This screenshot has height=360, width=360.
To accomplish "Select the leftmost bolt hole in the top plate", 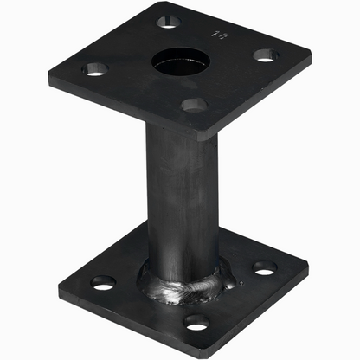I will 93,68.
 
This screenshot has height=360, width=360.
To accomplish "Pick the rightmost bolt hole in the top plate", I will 265,55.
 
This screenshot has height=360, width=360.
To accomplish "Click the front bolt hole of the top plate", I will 194,105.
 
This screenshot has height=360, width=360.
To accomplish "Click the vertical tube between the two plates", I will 182,199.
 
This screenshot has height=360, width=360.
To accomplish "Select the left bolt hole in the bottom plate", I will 104,282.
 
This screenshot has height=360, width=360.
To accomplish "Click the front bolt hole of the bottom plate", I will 196,323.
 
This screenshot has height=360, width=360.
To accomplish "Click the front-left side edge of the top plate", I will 130,108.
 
